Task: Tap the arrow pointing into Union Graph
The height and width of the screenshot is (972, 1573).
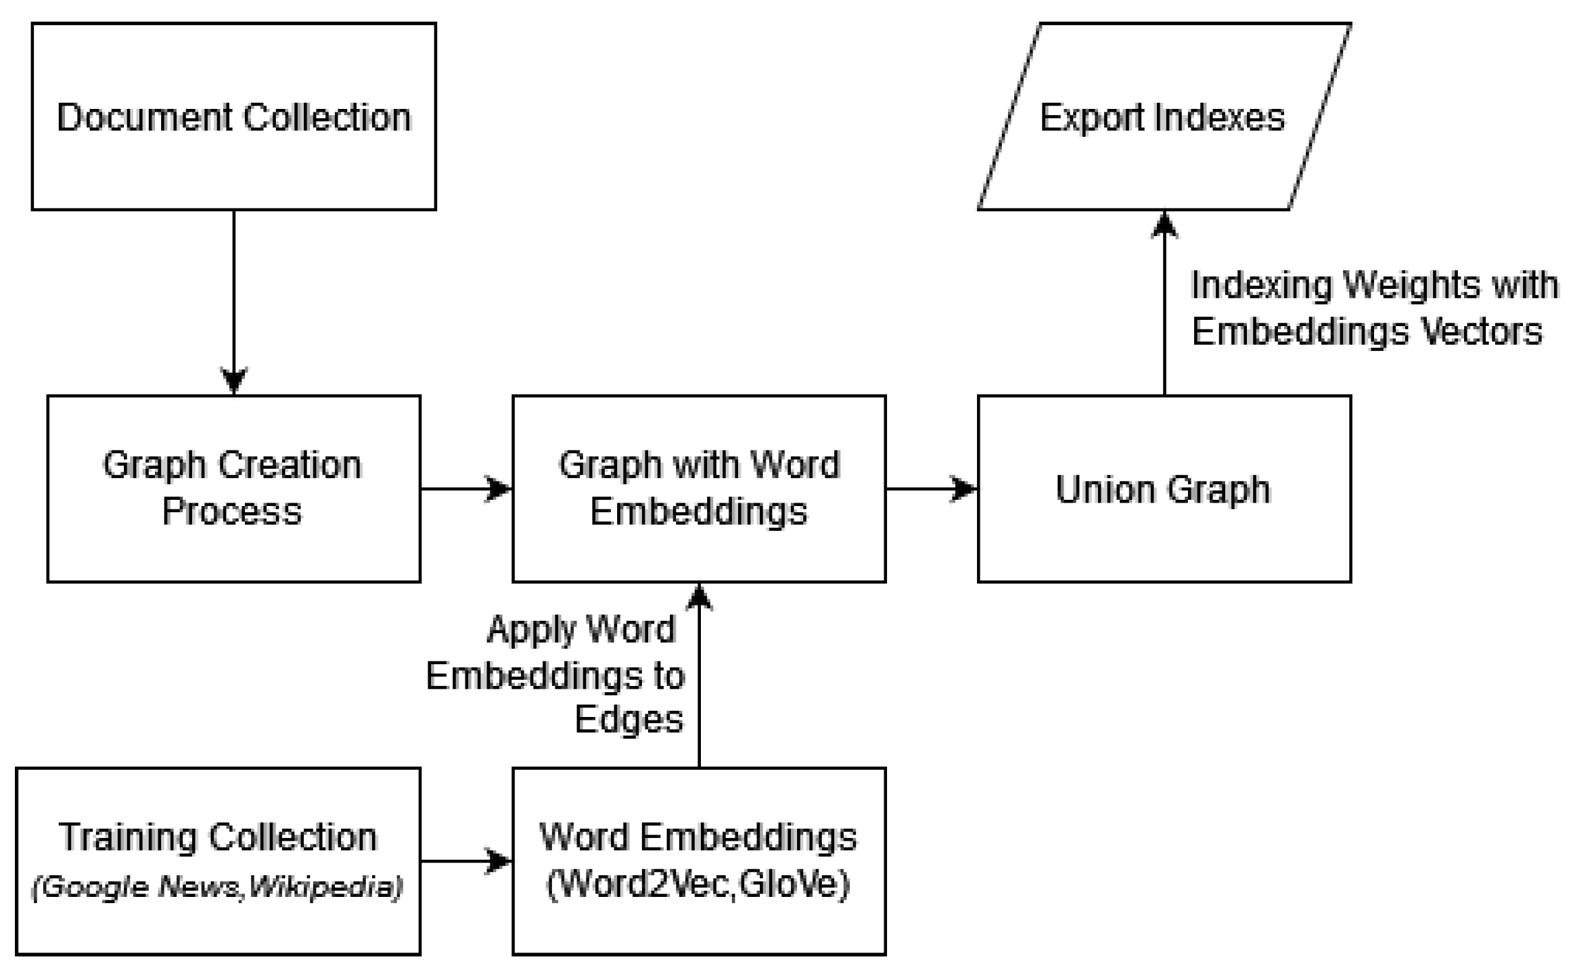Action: click(x=931, y=488)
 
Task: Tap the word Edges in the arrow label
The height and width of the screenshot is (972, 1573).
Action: click(x=629, y=719)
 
